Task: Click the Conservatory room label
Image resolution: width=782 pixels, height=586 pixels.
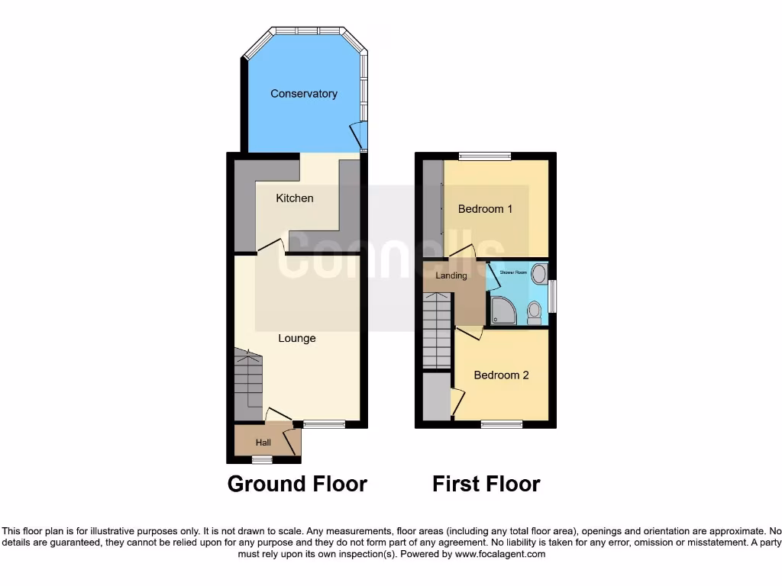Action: click(x=303, y=94)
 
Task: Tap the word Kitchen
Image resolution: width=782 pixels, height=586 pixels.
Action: click(x=294, y=198)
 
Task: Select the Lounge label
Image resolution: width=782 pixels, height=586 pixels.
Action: click(x=296, y=338)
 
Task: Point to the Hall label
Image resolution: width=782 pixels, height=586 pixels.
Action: click(x=263, y=443)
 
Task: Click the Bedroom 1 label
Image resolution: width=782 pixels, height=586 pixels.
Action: click(x=485, y=209)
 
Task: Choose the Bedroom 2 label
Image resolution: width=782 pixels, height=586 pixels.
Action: click(x=501, y=375)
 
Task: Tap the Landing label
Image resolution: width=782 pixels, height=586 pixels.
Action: click(x=451, y=275)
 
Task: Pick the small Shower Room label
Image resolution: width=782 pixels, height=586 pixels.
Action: click(x=513, y=271)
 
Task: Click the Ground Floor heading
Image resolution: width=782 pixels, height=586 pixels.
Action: click(x=297, y=484)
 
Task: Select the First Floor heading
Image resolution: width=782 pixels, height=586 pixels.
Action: click(x=486, y=484)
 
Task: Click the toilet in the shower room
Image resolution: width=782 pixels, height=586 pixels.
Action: click(x=534, y=312)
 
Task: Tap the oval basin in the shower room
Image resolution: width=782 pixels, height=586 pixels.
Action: click(x=539, y=274)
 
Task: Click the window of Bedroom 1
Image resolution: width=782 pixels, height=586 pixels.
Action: click(x=485, y=156)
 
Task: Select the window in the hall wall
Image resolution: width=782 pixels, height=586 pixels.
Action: click(x=262, y=459)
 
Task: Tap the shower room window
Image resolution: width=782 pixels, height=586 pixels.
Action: click(x=552, y=296)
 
